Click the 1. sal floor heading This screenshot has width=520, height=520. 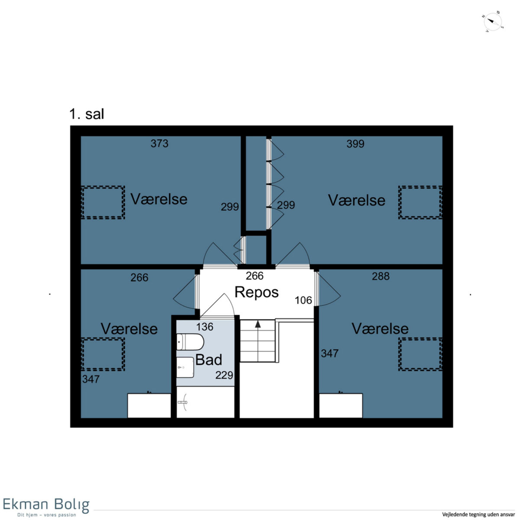(x=87, y=114)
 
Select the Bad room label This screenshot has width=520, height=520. (x=208, y=360)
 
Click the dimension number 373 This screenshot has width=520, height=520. (x=159, y=143)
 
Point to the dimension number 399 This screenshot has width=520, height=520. (x=355, y=144)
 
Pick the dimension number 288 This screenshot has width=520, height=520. (x=380, y=276)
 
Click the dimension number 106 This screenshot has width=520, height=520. (x=303, y=300)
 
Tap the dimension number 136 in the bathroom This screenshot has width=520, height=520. (x=205, y=327)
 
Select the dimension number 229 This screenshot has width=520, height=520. (x=224, y=375)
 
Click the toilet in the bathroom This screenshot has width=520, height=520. (x=190, y=341)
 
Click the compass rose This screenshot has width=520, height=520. (x=493, y=22)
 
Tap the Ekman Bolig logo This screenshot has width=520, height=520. (x=46, y=506)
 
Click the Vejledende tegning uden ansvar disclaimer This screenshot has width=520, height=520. (x=478, y=514)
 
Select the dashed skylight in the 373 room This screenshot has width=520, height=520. (x=103, y=202)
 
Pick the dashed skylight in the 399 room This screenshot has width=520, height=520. (x=420, y=202)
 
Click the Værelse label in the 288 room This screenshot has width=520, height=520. (x=380, y=328)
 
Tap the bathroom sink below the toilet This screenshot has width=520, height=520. (x=185, y=367)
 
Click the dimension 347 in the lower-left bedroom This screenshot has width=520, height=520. (x=91, y=379)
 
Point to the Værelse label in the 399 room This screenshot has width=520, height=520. (x=357, y=200)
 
